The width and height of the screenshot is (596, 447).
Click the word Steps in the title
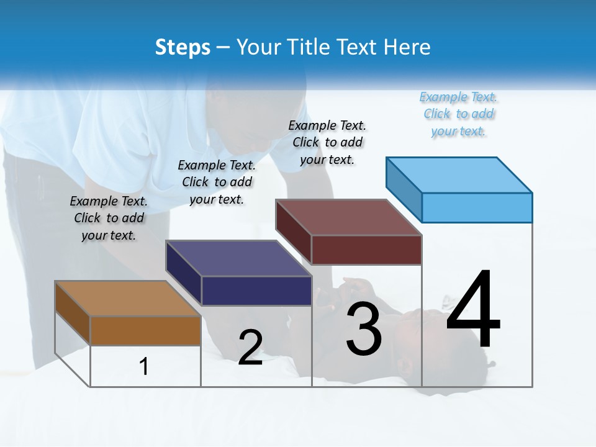(183, 47)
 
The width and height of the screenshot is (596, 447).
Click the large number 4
(473, 310)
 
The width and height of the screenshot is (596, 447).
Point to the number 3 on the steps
(364, 329)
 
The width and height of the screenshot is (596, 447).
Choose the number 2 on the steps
(250, 348)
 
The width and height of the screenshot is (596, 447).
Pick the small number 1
(144, 366)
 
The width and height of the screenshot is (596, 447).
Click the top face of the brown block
(128, 299)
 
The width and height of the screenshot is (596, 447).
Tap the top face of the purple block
(238, 258)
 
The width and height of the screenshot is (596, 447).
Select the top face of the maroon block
(349, 217)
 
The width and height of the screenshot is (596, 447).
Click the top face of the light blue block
(459, 175)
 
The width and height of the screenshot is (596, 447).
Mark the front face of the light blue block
(477, 207)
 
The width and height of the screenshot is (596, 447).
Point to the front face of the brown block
(145, 330)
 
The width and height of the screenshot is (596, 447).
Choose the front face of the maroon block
(366, 250)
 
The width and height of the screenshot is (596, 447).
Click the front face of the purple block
(256, 291)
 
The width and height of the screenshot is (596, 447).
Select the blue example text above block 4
(459, 114)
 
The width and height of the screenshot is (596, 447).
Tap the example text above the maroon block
(327, 142)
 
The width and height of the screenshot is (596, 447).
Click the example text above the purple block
(217, 182)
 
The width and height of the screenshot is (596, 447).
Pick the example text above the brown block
(109, 218)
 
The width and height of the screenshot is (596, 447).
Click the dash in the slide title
(223, 48)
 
